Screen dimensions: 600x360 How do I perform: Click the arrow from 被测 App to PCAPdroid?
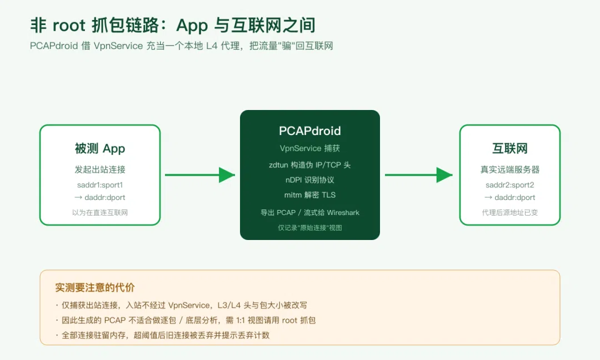coord(200,175)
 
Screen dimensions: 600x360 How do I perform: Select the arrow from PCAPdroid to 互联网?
coord(419,175)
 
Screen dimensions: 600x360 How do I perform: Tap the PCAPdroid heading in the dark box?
coord(309,131)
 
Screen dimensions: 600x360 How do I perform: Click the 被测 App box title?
coord(100,148)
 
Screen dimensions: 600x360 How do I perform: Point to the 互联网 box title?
coord(509,148)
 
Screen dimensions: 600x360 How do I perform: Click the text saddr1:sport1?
coord(100,185)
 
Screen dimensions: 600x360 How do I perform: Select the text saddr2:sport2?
coord(509,185)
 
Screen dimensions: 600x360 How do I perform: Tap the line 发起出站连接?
coord(100,169)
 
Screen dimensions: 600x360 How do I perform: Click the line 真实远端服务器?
coord(509,169)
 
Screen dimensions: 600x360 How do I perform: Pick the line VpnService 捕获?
coord(309,148)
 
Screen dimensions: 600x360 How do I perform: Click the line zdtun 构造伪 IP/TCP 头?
coord(309,165)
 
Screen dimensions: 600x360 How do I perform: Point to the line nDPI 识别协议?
coord(309,180)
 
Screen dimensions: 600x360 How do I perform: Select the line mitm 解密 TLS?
coord(309,195)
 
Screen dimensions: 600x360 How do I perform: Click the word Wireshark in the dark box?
coord(343,213)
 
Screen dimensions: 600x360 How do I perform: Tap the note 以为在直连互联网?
coord(100,213)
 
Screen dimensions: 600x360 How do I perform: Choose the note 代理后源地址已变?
coord(509,213)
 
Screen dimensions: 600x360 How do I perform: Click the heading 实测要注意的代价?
coord(95,287)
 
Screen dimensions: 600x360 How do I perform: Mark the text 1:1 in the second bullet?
coord(240,320)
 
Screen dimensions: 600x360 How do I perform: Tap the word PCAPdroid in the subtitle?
coord(54,46)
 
